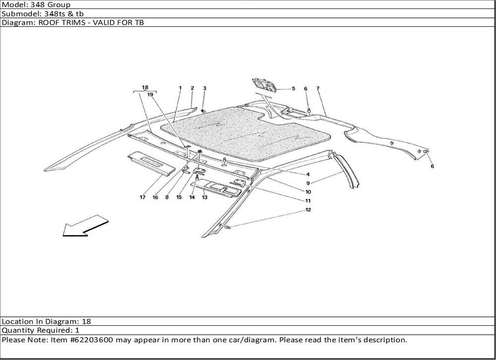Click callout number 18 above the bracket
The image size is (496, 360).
coord(145,88)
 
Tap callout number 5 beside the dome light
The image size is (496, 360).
coord(293,89)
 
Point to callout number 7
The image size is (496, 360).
coord(317,89)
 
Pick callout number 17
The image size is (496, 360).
coord(142,197)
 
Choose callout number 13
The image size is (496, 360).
coord(204,197)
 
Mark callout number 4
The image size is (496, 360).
coord(308,174)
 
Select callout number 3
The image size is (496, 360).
coord(204,88)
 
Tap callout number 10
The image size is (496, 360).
coord(308,192)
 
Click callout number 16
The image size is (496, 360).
coord(155,197)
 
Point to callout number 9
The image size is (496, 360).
coord(308,183)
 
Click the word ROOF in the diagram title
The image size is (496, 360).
coord(43,23)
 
